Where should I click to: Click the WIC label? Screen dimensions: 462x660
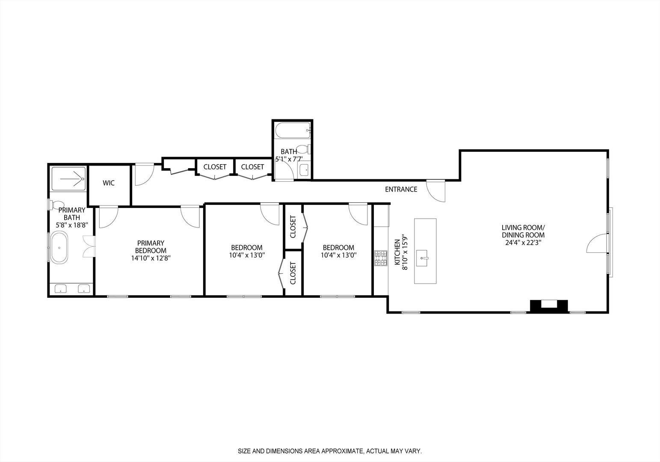[109, 183]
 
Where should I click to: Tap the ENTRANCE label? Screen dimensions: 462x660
[401, 189]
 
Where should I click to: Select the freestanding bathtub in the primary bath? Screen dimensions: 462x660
[59, 247]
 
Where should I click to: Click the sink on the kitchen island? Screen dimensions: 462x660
[425, 258]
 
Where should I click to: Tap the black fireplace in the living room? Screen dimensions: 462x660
[549, 306]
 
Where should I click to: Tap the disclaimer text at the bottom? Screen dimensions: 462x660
[330, 451]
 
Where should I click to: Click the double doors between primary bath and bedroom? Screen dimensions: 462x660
[89, 246]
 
